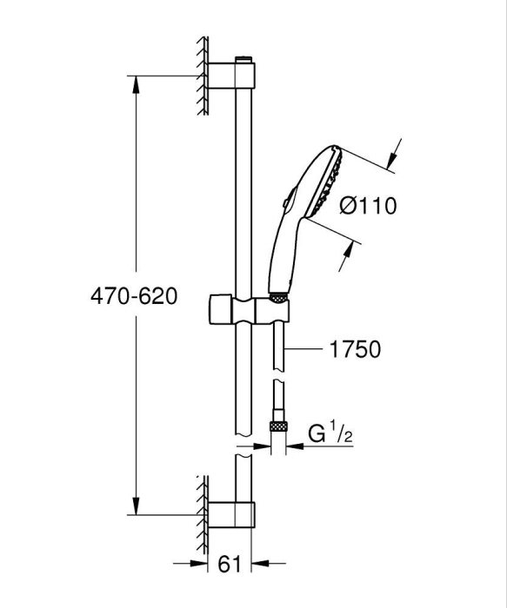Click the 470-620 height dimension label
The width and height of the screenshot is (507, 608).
point(134,296)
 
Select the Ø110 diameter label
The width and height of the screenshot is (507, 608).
point(368,206)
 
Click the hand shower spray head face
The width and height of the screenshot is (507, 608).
point(331,182)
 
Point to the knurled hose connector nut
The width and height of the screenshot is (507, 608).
point(277,426)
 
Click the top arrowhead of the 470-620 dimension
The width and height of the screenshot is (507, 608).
point(135,83)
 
